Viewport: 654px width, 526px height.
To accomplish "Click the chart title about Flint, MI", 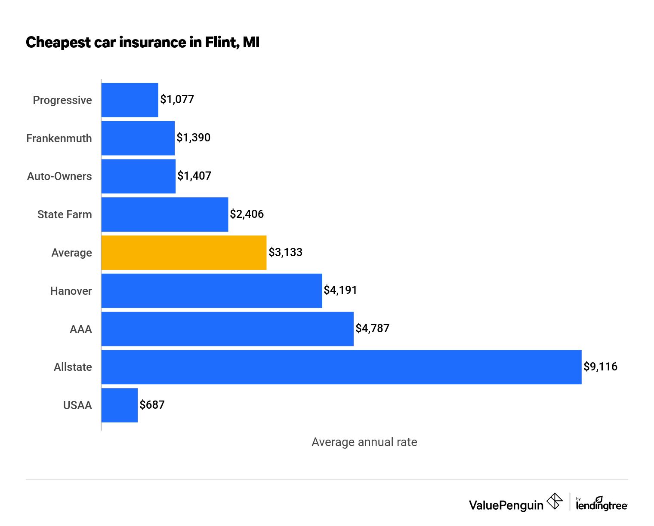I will (x=142, y=43).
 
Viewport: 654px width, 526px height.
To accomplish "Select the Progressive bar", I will (x=130, y=100).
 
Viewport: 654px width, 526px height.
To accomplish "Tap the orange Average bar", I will (x=184, y=253).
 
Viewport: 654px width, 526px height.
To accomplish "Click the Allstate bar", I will (x=341, y=367).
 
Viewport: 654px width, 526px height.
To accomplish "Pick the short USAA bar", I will (x=120, y=405).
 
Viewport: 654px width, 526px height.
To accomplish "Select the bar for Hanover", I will (x=212, y=291).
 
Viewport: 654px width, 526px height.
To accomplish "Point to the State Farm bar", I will (x=165, y=214).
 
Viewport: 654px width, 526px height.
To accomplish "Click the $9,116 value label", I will (x=600, y=367).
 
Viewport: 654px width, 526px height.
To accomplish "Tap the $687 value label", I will (x=152, y=405).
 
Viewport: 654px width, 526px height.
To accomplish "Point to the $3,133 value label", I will (x=285, y=252).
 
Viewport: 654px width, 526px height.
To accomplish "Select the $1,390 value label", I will (x=194, y=138).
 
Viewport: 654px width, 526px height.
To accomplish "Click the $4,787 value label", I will (x=372, y=328).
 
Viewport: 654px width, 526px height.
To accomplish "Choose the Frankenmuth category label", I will (x=59, y=138).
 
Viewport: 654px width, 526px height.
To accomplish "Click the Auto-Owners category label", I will (x=59, y=176).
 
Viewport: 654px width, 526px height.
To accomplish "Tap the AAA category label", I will (x=81, y=329).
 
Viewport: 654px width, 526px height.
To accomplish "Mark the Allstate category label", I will (x=73, y=367).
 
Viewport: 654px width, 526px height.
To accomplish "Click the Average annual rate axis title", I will (x=364, y=442).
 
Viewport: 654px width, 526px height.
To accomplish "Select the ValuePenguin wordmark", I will (x=506, y=505).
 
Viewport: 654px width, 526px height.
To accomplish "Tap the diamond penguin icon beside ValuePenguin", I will (x=554, y=502).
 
